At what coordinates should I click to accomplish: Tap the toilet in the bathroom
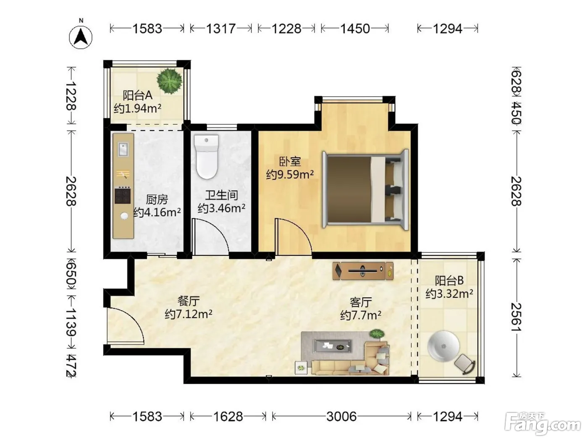[206, 157]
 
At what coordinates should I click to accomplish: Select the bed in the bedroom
[366, 189]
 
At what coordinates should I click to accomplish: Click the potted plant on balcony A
[169, 81]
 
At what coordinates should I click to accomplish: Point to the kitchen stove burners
[123, 196]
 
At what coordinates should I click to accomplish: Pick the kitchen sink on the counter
[123, 149]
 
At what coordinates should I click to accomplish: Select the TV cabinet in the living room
[363, 271]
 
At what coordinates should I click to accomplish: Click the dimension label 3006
[341, 417]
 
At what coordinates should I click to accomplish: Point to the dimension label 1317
[221, 29]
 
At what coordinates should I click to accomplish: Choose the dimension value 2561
[516, 317]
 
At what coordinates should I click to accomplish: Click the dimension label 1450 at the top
[355, 29]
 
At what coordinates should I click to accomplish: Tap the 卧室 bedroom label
[290, 161]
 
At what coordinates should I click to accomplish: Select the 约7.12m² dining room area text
[189, 314]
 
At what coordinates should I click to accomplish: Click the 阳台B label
[449, 281]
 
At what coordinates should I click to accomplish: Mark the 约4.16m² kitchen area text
[157, 212]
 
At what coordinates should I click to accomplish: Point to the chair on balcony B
[465, 363]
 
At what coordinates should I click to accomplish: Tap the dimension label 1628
[228, 417]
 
